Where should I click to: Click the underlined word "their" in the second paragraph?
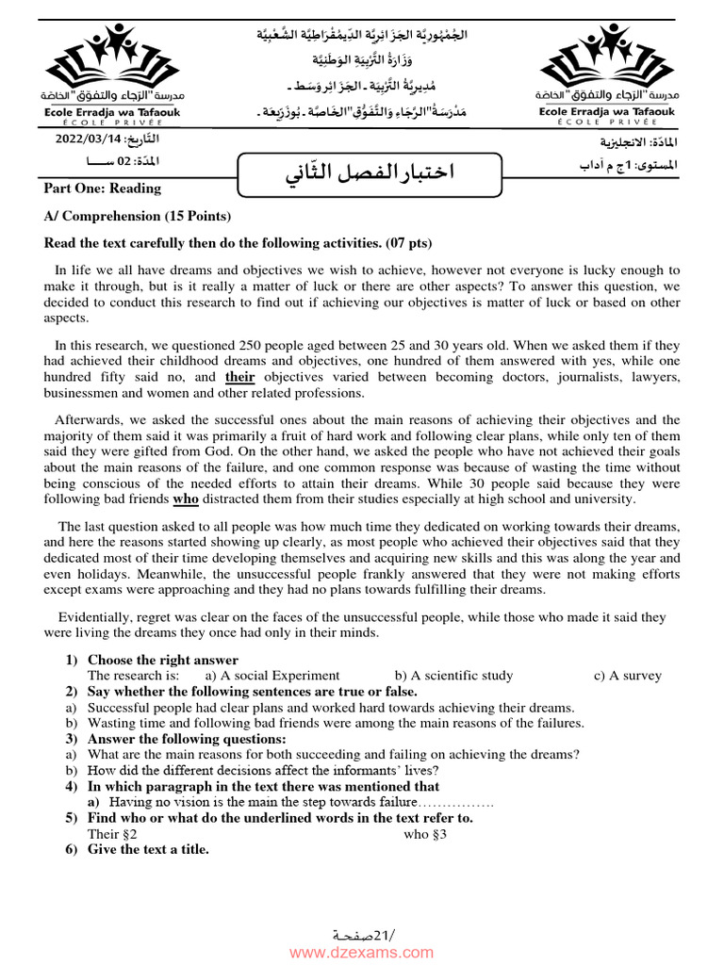(240, 377)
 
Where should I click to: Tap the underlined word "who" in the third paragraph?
(186, 499)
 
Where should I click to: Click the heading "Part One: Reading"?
(103, 188)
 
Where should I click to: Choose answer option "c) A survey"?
(627, 676)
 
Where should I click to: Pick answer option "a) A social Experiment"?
(272, 676)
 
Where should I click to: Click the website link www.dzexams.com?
(361, 953)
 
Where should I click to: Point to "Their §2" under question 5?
(112, 834)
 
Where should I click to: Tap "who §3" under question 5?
(425, 834)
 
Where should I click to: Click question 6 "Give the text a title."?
(148, 849)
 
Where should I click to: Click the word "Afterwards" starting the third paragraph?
(87, 420)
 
